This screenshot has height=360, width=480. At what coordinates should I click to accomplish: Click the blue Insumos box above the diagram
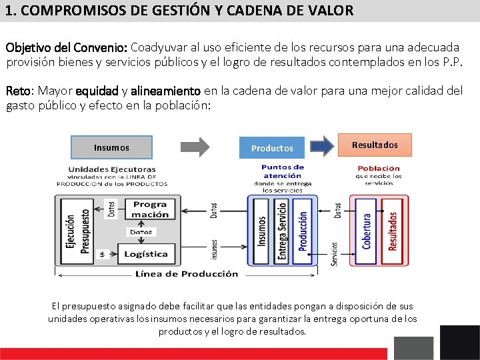click(111, 147)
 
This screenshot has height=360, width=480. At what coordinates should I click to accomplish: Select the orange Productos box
click(272, 148)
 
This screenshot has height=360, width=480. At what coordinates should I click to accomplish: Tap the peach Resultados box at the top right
click(375, 145)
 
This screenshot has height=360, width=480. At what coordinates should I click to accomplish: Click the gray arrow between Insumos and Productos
click(195, 147)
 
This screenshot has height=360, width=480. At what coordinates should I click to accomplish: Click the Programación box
click(149, 209)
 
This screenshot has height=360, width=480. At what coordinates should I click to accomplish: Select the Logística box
click(145, 254)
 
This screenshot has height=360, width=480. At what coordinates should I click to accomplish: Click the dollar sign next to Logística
click(102, 254)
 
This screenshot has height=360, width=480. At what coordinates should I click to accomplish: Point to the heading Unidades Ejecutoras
click(112, 169)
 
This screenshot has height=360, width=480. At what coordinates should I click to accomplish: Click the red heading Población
click(379, 169)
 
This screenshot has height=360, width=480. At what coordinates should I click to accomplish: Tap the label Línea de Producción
click(187, 273)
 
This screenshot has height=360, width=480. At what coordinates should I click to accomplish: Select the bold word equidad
click(97, 91)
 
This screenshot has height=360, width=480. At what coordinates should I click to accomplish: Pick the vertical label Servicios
click(335, 253)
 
